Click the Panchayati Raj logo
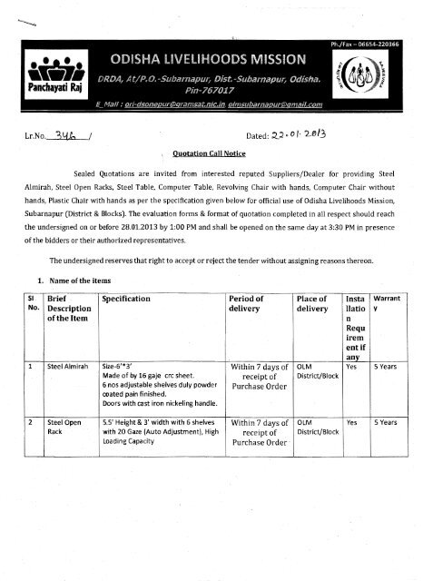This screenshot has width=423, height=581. (x=44, y=75)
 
